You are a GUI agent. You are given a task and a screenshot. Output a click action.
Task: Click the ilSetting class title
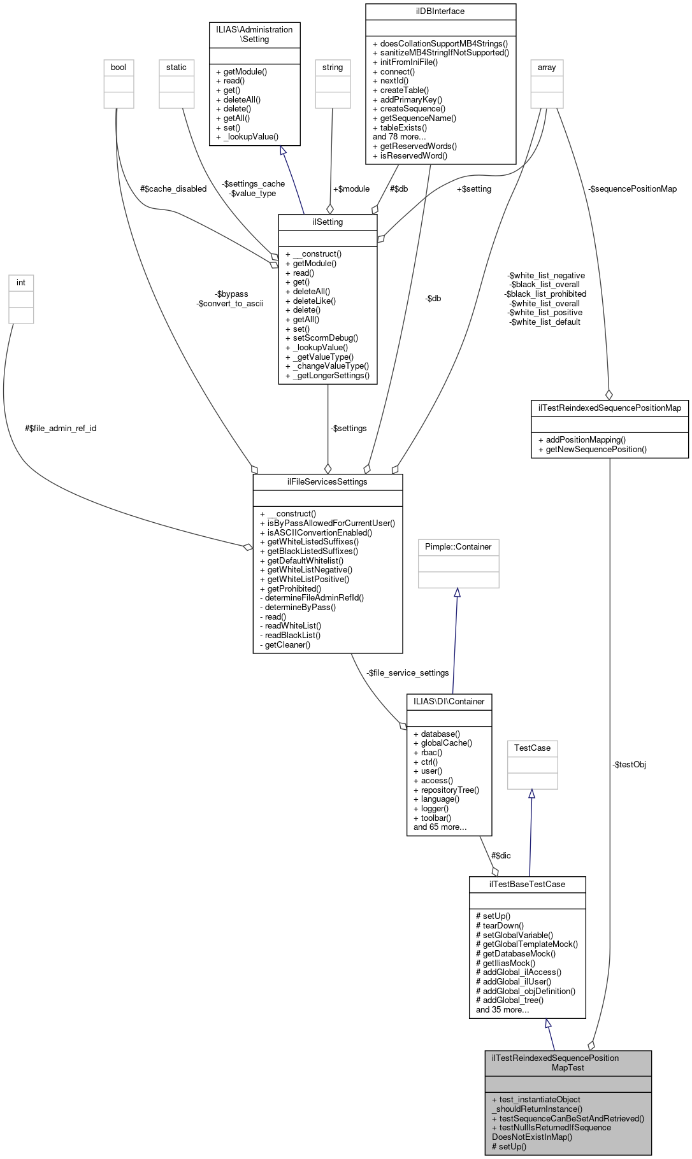point(328,222)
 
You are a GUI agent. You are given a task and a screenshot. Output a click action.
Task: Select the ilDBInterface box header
point(440,11)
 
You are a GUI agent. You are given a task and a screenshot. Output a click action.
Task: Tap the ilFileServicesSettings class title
point(328,481)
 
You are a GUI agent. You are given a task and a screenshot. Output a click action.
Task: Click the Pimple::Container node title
point(458,546)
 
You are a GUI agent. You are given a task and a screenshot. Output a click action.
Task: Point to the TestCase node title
point(532,748)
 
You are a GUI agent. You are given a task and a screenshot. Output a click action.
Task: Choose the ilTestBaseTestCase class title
point(527,884)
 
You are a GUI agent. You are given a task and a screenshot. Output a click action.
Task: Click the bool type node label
point(119,67)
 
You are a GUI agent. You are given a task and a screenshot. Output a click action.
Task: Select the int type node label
point(21,282)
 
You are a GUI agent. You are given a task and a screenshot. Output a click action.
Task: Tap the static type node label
point(177,67)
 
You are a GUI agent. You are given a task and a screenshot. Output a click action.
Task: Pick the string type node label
point(333,67)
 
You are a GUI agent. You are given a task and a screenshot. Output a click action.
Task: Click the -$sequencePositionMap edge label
point(632,188)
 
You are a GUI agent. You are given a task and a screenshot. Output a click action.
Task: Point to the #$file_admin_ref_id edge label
point(61,428)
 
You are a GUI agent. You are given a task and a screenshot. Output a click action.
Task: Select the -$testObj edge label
point(629,764)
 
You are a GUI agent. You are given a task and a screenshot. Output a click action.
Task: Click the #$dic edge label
point(500,855)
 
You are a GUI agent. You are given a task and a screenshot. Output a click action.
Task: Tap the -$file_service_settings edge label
point(408,672)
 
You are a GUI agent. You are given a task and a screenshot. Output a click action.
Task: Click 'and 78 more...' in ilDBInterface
point(399,136)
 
